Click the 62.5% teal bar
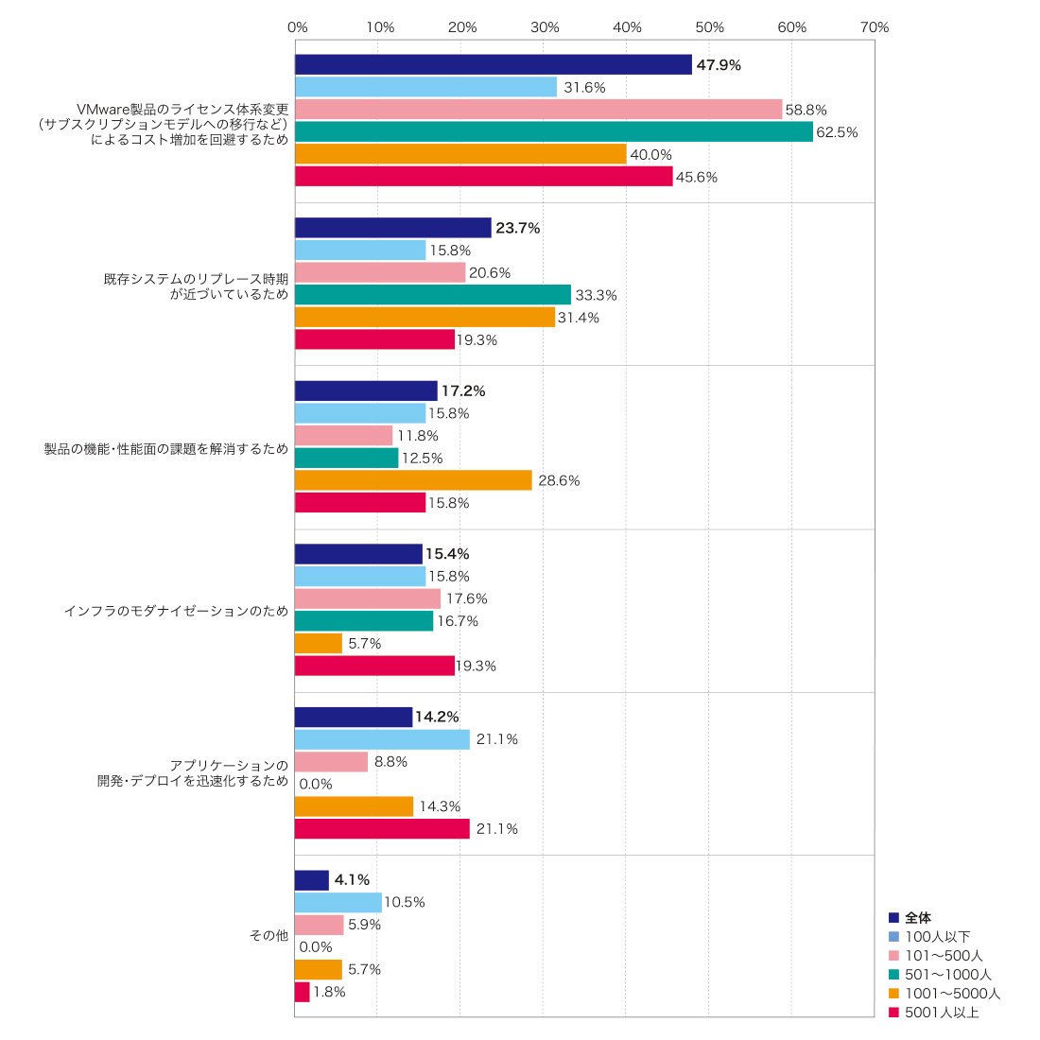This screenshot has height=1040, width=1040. point(554,132)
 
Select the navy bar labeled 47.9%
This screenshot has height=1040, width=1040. point(494,64)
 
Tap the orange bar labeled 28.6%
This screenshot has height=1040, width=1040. point(413,480)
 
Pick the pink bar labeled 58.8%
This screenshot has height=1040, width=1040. point(539,110)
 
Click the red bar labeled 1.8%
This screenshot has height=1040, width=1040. point(303,992)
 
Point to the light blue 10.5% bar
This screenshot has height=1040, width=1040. point(338,902)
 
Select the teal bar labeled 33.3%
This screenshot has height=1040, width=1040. point(433,294)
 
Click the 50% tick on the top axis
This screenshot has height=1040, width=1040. point(709,27)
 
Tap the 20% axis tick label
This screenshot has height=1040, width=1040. point(462,27)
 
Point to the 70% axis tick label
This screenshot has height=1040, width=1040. point(875,27)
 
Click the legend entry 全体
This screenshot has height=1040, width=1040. point(910,917)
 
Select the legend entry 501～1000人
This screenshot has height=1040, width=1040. point(940,975)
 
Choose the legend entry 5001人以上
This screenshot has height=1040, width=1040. point(934,1013)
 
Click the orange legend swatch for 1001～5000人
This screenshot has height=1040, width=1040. point(893,994)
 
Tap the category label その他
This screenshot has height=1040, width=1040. point(269,935)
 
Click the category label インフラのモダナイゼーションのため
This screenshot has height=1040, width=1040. point(177,610)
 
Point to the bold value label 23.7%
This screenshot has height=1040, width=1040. point(518,228)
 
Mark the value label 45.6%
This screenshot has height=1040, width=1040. point(697,177)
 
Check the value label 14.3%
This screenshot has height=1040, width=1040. point(440,806)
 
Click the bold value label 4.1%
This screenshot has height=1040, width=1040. point(352,879)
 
